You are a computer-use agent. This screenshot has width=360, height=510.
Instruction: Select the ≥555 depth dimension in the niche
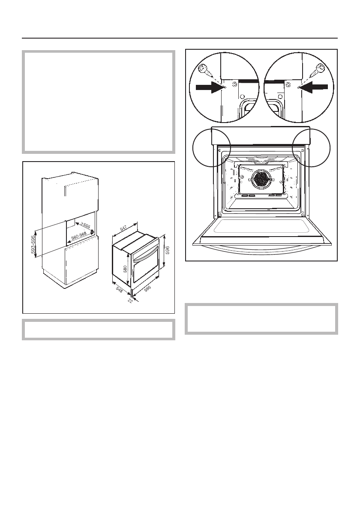[84, 226]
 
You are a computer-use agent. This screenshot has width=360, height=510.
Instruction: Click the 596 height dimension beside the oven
[168, 250]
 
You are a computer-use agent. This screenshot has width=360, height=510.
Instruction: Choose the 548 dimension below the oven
[119, 290]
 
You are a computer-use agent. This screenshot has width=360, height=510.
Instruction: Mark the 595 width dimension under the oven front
[147, 289]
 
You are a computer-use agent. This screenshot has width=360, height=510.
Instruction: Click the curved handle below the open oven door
[261, 249]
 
